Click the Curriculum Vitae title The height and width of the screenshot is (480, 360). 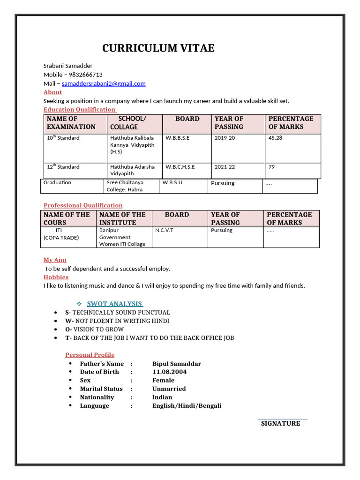pyautogui.click(x=158, y=48)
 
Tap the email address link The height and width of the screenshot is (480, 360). pyautogui.click(x=104, y=83)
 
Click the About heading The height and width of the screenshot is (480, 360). pyautogui.click(x=52, y=92)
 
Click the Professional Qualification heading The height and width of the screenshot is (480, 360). pyautogui.click(x=83, y=205)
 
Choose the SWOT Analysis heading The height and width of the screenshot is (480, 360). pyautogui.click(x=115, y=304)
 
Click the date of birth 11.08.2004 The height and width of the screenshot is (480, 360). pyautogui.click(x=169, y=372)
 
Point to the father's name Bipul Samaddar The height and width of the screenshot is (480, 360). pyautogui.click(x=177, y=363)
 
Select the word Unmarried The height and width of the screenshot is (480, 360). pyautogui.click(x=169, y=389)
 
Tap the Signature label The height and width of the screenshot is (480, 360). pyautogui.click(x=280, y=423)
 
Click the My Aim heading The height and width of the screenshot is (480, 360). pyautogui.click(x=55, y=260)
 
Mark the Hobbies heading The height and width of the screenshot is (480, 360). pyautogui.click(x=56, y=277)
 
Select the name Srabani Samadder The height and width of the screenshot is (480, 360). pyautogui.click(x=68, y=66)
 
